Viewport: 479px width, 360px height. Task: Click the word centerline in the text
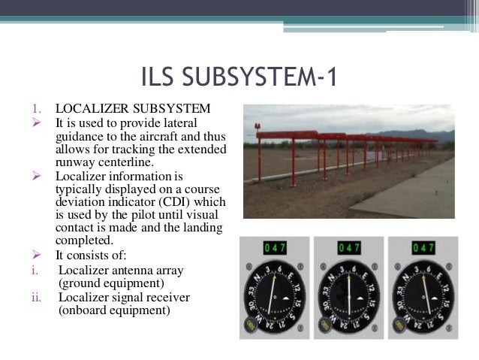click(x=125, y=161)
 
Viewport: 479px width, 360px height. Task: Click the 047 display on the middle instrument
click(x=348, y=247)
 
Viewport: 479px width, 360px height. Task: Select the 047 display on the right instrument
click(x=423, y=247)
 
